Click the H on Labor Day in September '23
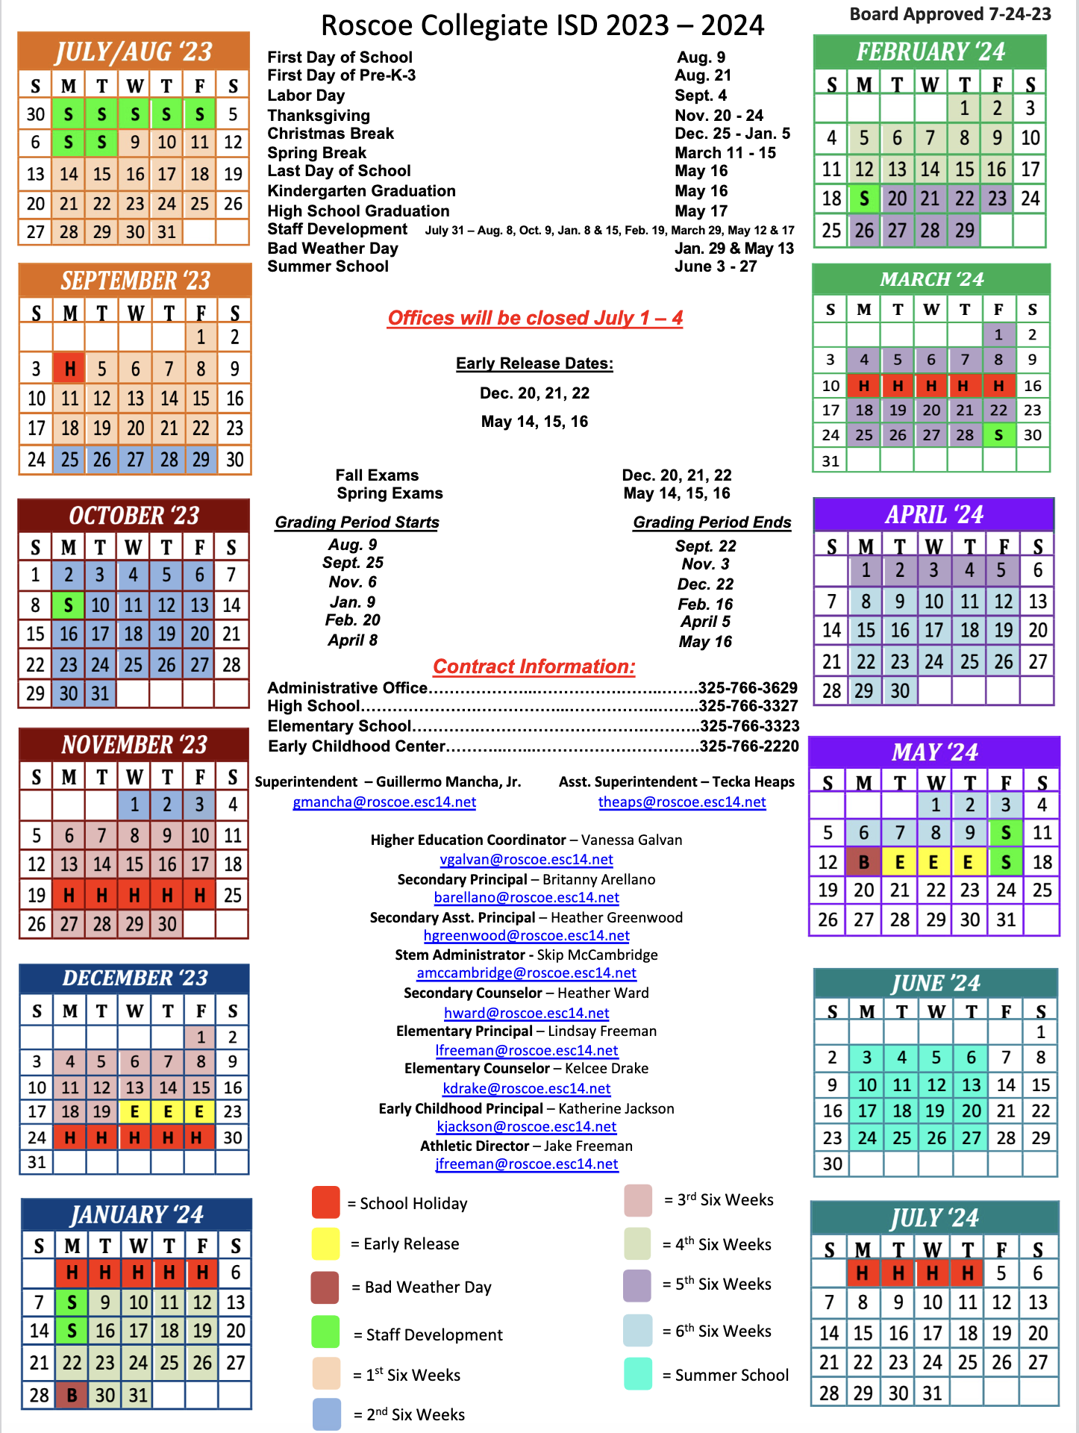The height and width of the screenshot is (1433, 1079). click(x=69, y=368)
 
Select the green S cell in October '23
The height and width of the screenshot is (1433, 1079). click(x=68, y=605)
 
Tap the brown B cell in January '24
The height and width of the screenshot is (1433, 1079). click(x=72, y=1394)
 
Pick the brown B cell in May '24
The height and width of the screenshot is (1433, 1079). click(x=863, y=862)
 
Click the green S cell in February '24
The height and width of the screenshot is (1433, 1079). click(x=864, y=199)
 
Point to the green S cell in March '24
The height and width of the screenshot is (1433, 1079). click(x=998, y=435)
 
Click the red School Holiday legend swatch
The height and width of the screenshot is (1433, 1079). click(x=326, y=1202)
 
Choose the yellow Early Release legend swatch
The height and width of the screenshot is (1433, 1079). click(x=326, y=1243)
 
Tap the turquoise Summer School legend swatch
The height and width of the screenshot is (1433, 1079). click(x=638, y=1374)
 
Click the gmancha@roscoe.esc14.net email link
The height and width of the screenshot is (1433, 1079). click(x=384, y=802)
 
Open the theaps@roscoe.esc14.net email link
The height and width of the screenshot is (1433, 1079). click(x=682, y=802)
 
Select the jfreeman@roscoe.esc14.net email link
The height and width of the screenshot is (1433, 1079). click(x=527, y=1164)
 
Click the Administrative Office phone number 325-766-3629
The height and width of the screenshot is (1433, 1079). click(x=748, y=687)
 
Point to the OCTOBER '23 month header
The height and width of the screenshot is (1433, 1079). click(x=134, y=515)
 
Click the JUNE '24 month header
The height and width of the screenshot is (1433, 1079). click(x=936, y=983)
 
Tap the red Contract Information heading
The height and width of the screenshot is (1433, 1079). click(x=534, y=666)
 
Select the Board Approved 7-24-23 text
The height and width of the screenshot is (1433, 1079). click(x=950, y=14)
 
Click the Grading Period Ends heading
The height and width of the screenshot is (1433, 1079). click(x=712, y=522)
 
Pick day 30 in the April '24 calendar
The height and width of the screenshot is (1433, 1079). click(x=900, y=691)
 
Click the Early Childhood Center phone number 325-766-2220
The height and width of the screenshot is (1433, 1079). click(x=749, y=746)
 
